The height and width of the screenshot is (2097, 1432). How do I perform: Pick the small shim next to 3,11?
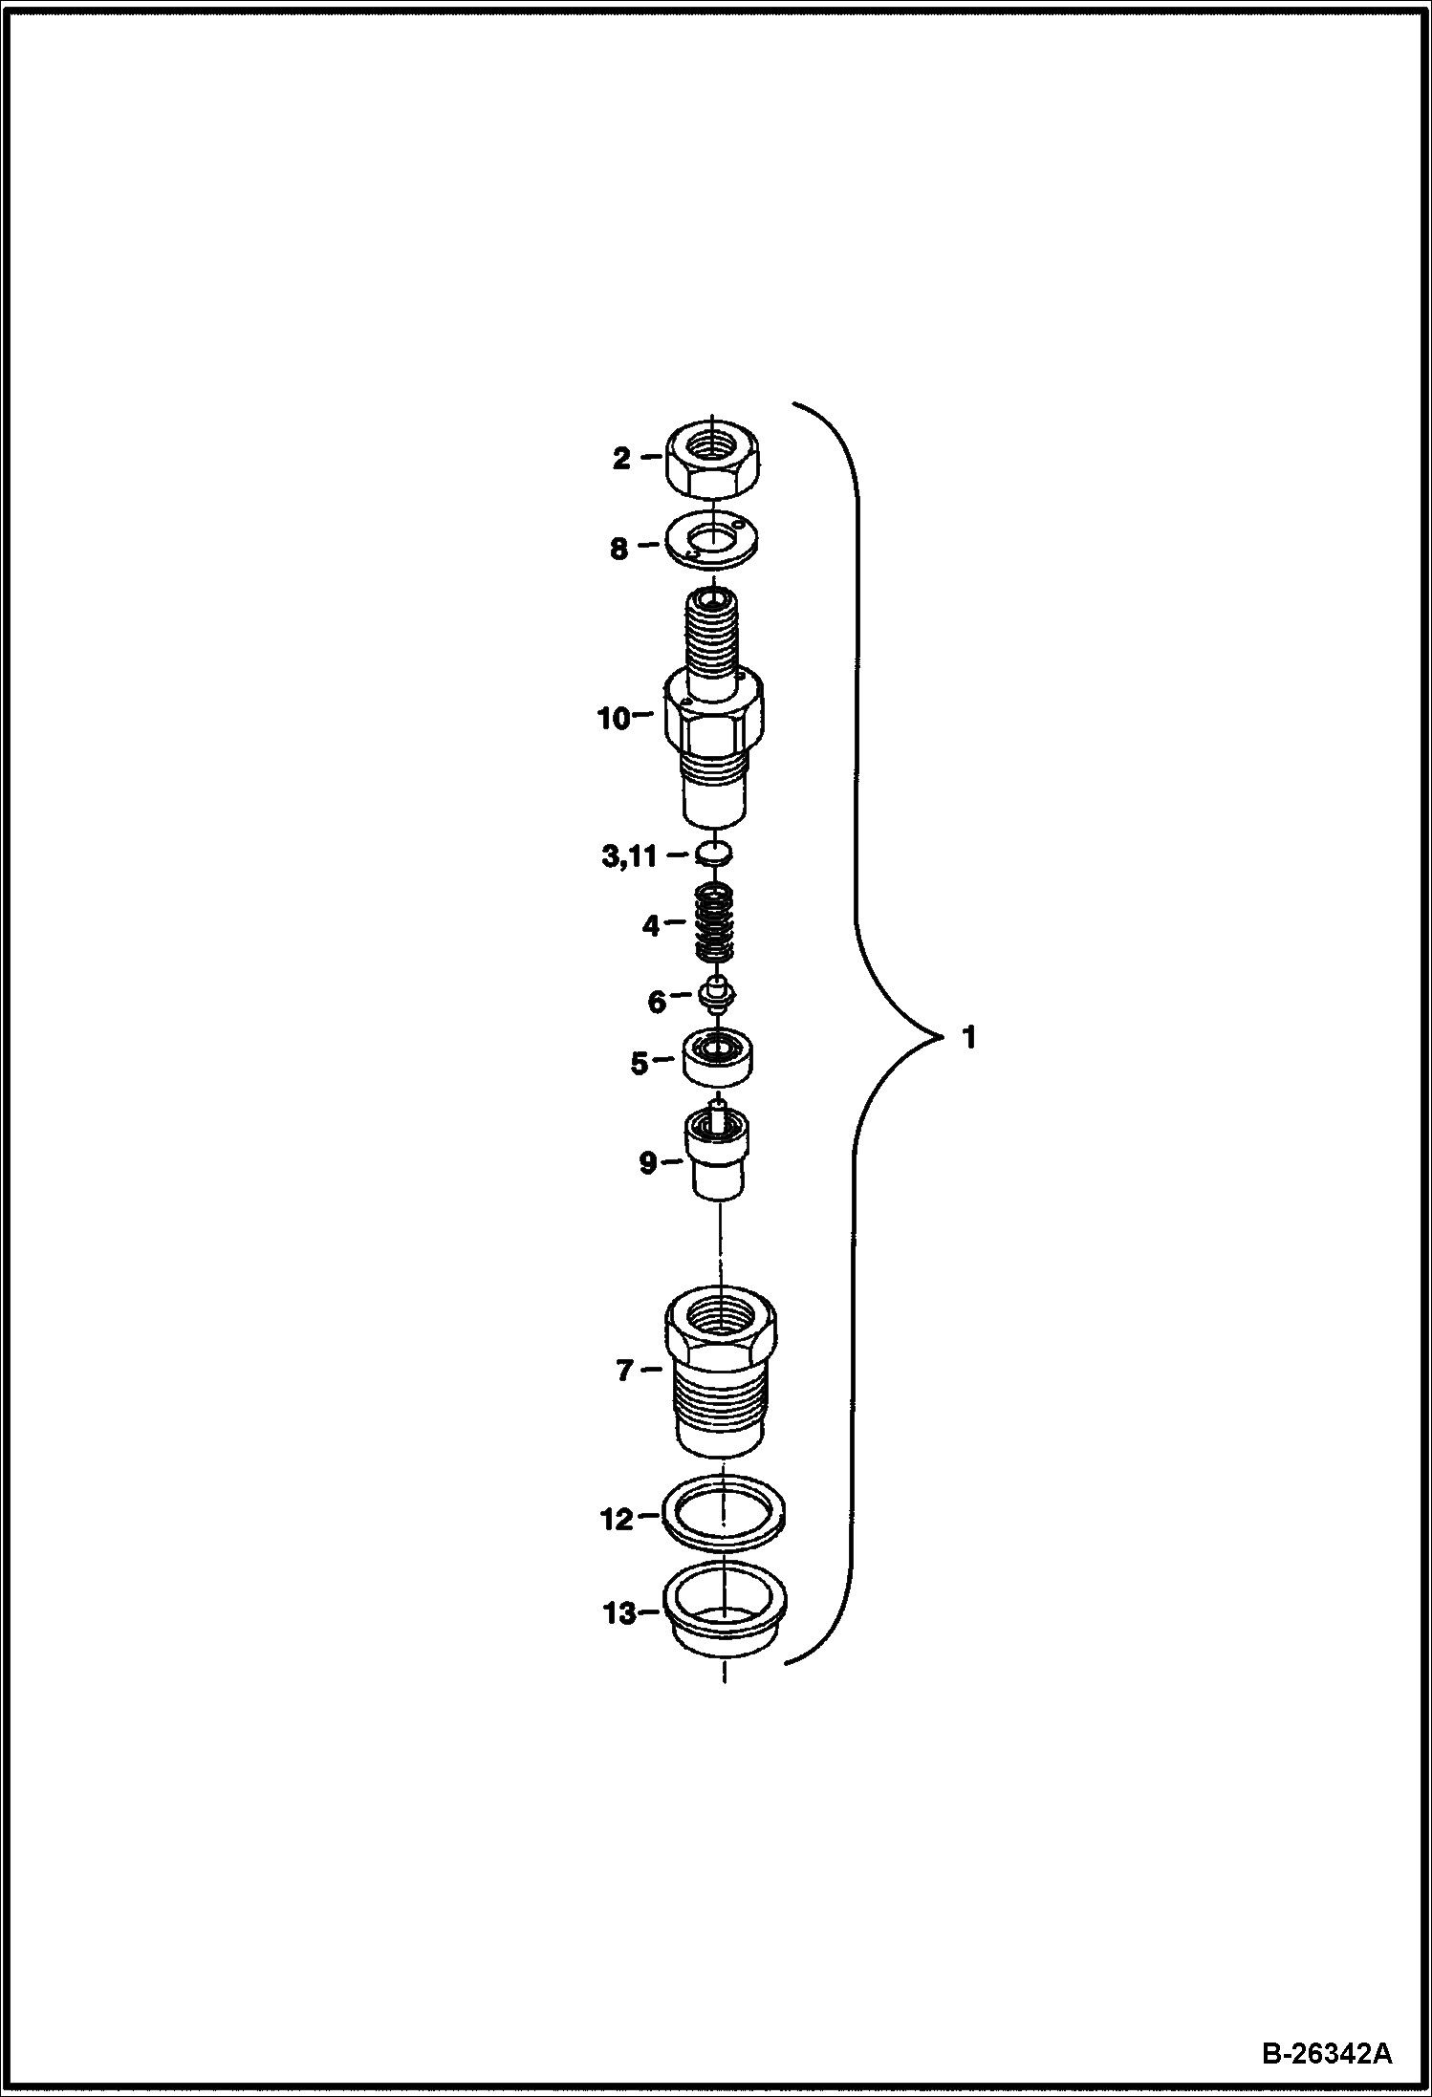(715, 851)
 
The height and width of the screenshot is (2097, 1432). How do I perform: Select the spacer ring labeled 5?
(718, 1056)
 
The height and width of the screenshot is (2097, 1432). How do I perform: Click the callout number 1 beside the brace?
(968, 1037)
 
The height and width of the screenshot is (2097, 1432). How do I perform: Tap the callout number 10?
(614, 719)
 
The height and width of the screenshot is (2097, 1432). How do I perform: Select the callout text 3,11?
(629, 855)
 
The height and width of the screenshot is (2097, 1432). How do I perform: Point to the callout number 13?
(619, 1613)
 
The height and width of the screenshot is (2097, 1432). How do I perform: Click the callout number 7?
(624, 1371)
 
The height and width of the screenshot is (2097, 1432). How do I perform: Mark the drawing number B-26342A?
(1327, 2052)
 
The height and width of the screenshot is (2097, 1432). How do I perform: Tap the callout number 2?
(621, 459)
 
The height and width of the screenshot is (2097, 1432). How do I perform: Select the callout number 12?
(617, 1519)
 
